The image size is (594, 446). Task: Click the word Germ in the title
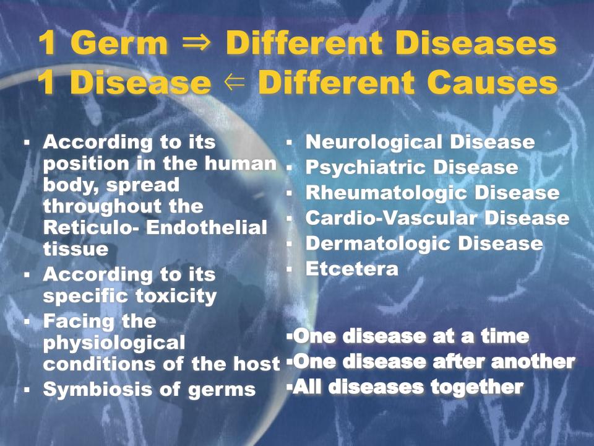[x=119, y=43]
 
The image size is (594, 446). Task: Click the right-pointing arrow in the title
[x=196, y=43]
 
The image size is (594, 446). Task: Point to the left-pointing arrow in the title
[x=235, y=82]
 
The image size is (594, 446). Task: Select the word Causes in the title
[x=492, y=82]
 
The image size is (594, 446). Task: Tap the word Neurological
[x=374, y=142]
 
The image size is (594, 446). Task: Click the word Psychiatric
[x=366, y=168]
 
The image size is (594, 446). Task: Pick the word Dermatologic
[x=377, y=243]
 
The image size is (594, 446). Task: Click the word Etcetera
[x=352, y=269]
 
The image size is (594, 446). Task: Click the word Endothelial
[x=207, y=227]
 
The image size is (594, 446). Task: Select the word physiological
[x=114, y=343]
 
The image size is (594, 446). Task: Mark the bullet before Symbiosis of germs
[x=27, y=390]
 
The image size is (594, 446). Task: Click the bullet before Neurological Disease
[x=289, y=143]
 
